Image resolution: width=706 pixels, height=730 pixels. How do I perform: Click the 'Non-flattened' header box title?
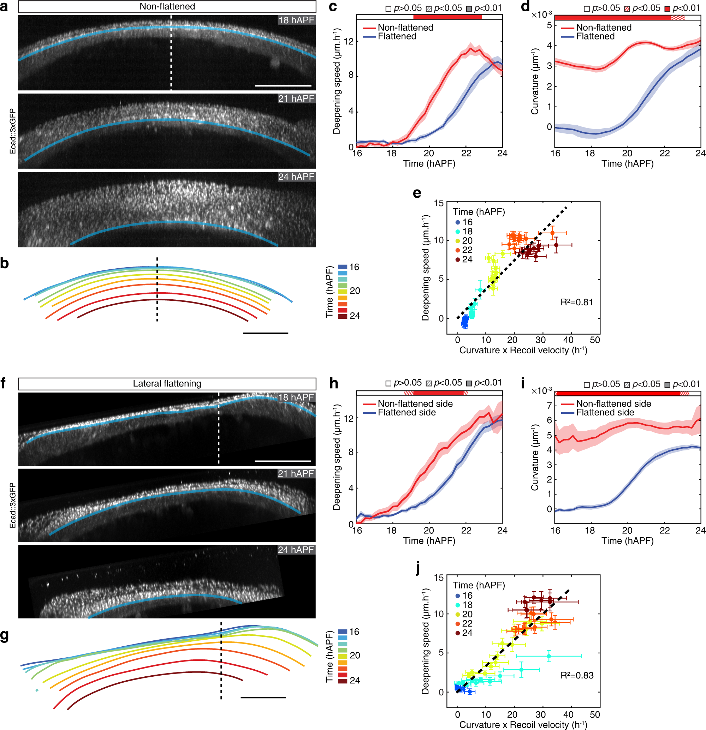coord(167,6)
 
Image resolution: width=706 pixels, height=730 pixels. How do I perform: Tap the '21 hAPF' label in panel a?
coord(296,98)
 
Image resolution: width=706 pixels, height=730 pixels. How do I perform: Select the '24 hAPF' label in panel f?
coord(296,550)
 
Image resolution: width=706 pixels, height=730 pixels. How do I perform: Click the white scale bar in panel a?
coord(283,86)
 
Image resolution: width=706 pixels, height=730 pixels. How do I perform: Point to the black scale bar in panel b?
coord(265,333)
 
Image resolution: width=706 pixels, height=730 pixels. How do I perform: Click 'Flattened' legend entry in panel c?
coord(397,36)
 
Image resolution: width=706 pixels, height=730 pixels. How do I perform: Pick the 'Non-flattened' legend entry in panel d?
coord(604,28)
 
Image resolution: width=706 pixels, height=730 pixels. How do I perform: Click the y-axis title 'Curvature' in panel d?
coord(535,81)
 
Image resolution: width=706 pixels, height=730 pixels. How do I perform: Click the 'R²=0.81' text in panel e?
coord(576,302)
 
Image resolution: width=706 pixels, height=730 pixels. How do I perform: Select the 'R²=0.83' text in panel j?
coord(577,675)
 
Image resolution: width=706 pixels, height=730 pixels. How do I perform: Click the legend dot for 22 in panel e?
coord(457,250)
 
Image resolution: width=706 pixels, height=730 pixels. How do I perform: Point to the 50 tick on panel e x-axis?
coord(595,340)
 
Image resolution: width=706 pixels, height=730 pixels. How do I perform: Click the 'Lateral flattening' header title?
coord(167,384)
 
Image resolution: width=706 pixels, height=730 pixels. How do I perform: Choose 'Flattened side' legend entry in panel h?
coord(407,412)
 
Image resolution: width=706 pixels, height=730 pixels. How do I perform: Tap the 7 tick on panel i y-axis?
coord(549,406)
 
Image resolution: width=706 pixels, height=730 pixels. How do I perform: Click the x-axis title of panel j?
coord(523,724)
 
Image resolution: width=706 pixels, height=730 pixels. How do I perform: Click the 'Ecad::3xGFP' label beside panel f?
coord(13,505)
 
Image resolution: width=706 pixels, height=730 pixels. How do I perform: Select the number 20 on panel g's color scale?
coord(355,655)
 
